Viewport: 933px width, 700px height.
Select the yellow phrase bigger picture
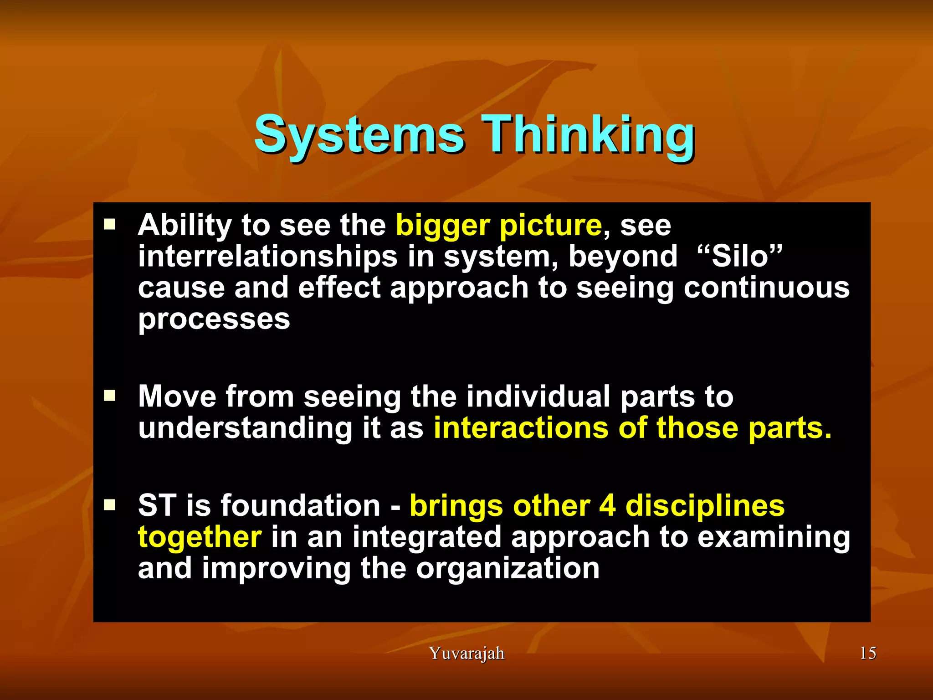click(x=498, y=226)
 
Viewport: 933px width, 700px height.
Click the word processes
click(x=214, y=319)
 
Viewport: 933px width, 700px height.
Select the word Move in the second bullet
click(x=177, y=396)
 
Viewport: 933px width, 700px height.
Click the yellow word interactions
click(x=521, y=428)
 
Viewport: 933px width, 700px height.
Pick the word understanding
click(x=245, y=429)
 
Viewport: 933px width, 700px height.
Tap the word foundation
click(x=301, y=505)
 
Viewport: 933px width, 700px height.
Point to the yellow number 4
click(x=607, y=505)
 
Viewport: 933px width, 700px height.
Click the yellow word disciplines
click(x=705, y=505)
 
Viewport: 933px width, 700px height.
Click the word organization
click(x=508, y=569)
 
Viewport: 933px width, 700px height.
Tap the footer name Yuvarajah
click(x=466, y=653)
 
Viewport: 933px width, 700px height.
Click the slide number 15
click(x=867, y=653)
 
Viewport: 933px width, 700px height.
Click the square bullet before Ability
click(x=109, y=224)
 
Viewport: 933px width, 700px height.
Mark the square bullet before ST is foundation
click(x=109, y=504)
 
